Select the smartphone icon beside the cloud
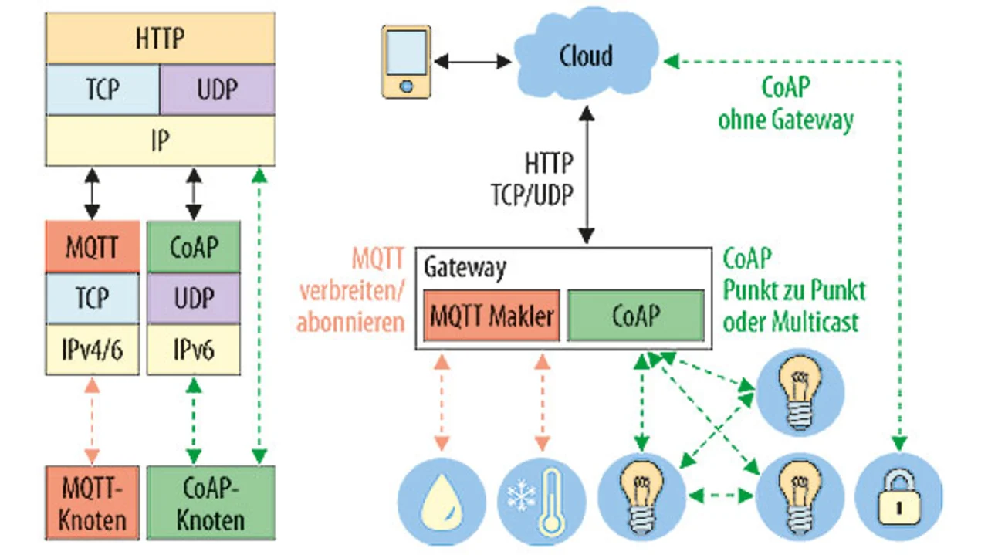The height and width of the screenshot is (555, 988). coord(406,61)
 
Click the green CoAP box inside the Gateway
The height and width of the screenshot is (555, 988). coord(636,316)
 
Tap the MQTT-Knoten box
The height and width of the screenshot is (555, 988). coord(93,502)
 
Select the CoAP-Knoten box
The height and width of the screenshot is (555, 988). coord(210,502)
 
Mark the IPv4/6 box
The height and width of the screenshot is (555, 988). coord(93,350)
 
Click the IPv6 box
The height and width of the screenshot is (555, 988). coord(194,350)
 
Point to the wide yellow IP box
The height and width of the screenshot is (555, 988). coord(160,140)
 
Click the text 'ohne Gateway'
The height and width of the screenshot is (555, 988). coord(786,120)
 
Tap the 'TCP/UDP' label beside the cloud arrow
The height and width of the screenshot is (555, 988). coord(533,195)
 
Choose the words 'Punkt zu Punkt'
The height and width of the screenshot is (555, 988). coord(794,290)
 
